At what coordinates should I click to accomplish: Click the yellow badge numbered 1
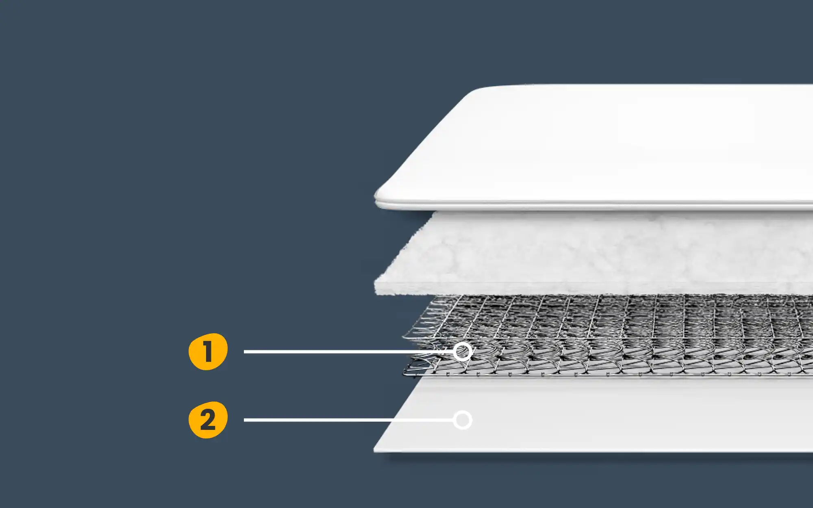tap(208, 352)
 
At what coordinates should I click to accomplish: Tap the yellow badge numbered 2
tap(208, 420)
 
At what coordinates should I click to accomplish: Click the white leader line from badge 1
tap(348, 352)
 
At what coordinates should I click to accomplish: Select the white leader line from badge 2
tap(348, 420)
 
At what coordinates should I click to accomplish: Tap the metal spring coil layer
tap(610, 335)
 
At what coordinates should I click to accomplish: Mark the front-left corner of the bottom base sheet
tap(374, 450)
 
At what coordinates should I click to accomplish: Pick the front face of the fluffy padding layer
tap(593, 288)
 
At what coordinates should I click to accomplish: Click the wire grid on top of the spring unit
tap(610, 317)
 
